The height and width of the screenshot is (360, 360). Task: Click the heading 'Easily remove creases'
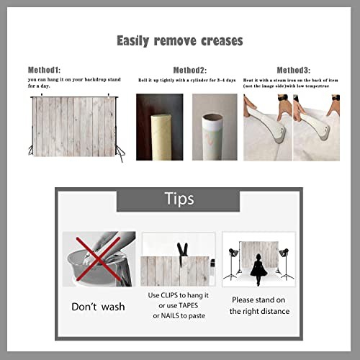tap(179, 40)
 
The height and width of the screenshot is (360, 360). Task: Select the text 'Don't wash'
tap(98, 307)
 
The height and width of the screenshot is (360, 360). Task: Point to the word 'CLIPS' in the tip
tap(170, 296)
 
